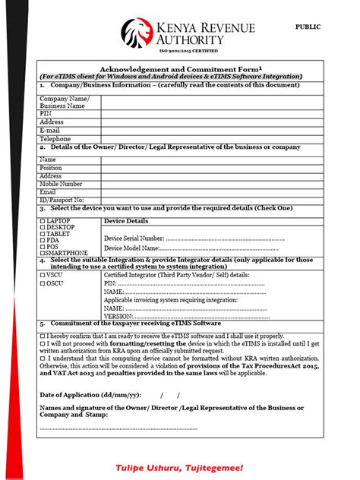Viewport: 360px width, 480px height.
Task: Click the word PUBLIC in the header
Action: tap(308, 27)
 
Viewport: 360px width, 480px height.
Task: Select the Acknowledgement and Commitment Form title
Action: tap(172, 68)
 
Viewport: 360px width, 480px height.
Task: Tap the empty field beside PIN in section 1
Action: tap(203, 112)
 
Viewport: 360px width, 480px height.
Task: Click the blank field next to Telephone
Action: tap(203, 139)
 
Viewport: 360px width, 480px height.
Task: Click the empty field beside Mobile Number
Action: tap(203, 184)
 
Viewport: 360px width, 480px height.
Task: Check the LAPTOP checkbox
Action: tap(42, 220)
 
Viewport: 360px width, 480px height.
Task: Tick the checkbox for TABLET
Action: tap(42, 233)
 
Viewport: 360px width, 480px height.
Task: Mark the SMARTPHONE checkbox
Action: tap(42, 253)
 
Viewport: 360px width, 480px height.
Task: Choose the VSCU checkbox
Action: tap(42, 274)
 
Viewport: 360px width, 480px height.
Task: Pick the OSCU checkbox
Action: tap(42, 283)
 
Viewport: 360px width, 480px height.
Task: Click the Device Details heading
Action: tap(126, 221)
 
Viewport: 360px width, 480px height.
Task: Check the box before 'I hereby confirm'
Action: tap(42, 335)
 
